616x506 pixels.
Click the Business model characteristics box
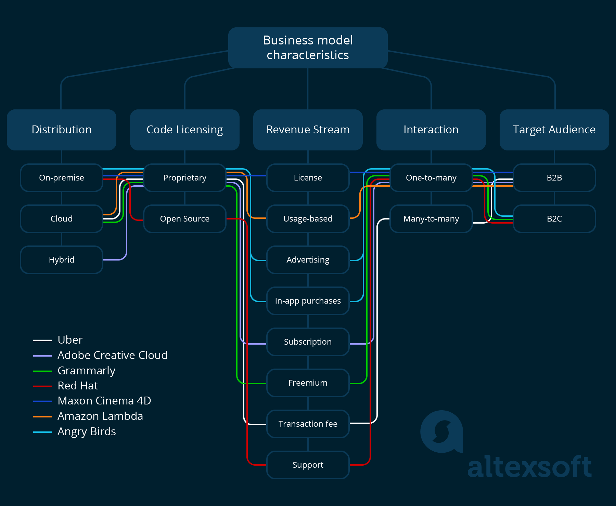pyautogui.click(x=308, y=48)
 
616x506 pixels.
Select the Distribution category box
pyautogui.click(x=62, y=130)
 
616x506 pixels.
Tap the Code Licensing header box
pyautogui.click(x=185, y=130)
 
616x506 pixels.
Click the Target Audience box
pyautogui.click(x=554, y=130)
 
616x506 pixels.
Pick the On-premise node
pyautogui.click(x=62, y=178)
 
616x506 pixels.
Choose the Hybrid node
pyautogui.click(x=62, y=260)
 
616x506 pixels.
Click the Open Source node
pyautogui.click(x=185, y=219)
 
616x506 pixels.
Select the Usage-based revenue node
pyautogui.click(x=308, y=219)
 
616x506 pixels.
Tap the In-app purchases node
pyautogui.click(x=308, y=301)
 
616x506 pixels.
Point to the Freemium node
pyautogui.click(x=308, y=383)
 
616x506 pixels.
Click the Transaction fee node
pyautogui.click(x=308, y=424)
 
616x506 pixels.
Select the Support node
pyautogui.click(x=308, y=465)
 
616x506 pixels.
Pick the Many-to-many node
pyautogui.click(x=431, y=219)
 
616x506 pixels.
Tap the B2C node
pyautogui.click(x=554, y=219)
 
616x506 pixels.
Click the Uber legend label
pyautogui.click(x=70, y=340)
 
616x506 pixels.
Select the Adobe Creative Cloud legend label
pyautogui.click(x=113, y=355)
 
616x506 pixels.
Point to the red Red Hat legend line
pyautogui.click(x=42, y=386)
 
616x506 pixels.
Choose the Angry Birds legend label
pyautogui.click(x=87, y=431)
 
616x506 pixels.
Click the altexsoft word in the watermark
pyautogui.click(x=529, y=467)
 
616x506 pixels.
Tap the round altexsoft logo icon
pyautogui.click(x=441, y=431)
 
